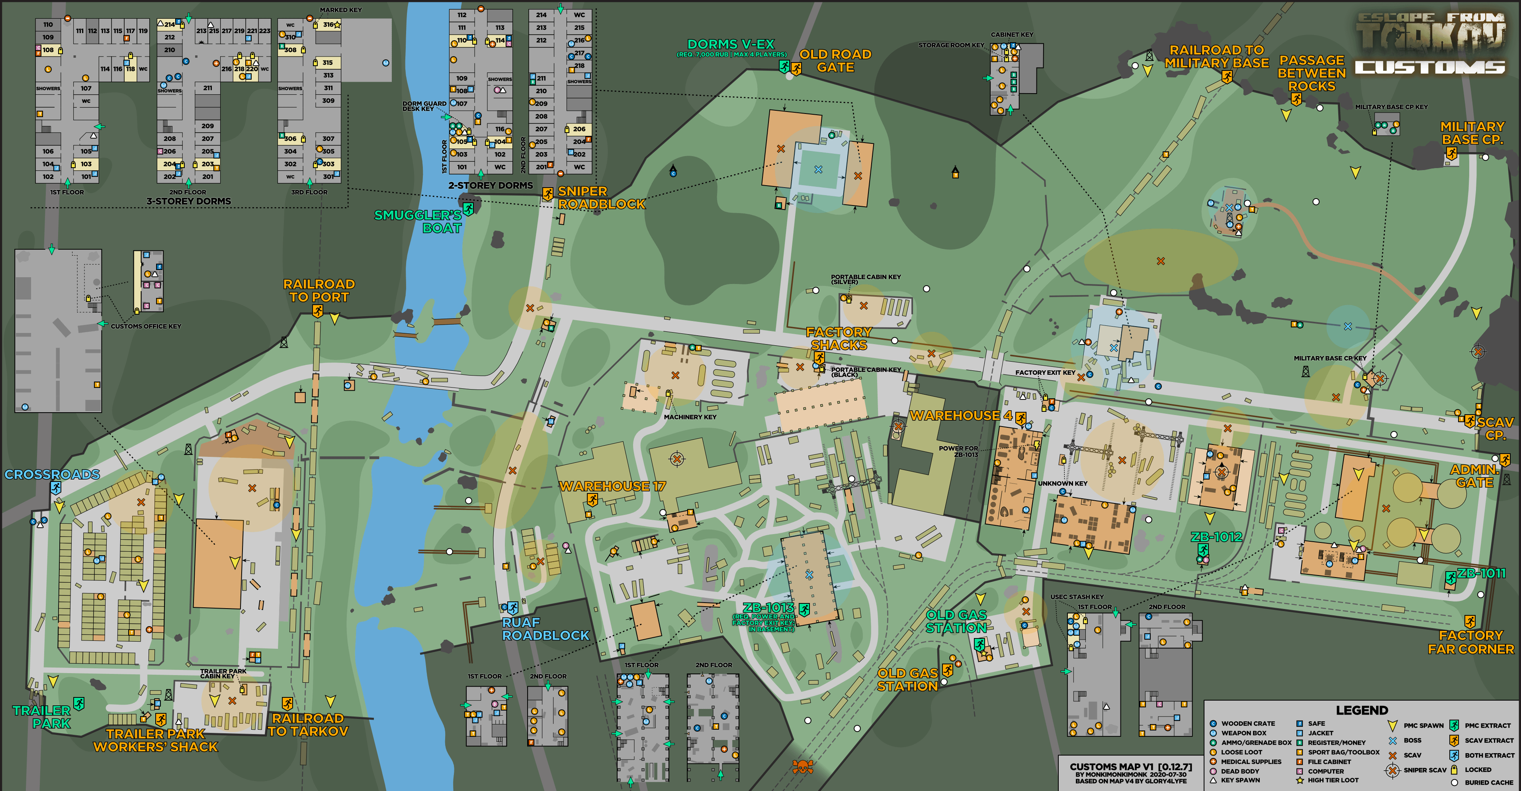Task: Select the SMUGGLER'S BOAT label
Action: [x=418, y=221]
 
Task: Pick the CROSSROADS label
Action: [x=52, y=474]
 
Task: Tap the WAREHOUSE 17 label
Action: [x=612, y=486]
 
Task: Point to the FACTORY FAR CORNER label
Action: [x=1470, y=642]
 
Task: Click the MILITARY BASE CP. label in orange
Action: [x=1472, y=133]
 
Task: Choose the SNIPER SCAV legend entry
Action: [x=1425, y=770]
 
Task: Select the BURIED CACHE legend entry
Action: [x=1488, y=782]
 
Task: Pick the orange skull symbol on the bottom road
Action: [x=802, y=767]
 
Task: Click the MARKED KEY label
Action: [x=341, y=10]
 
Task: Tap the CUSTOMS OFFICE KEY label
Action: [x=146, y=326]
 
